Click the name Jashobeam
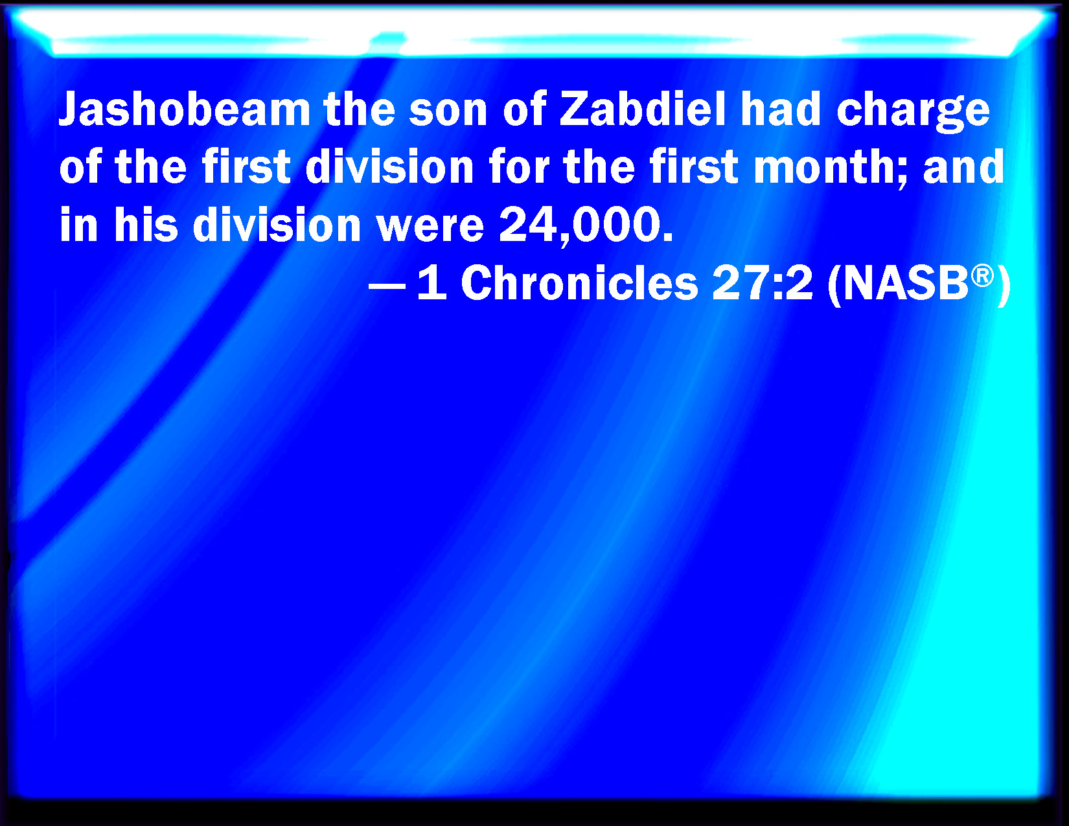(185, 109)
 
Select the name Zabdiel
(643, 109)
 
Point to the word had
(781, 109)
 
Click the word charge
(913, 112)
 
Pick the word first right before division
(246, 166)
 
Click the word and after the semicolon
(963, 166)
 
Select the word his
(146, 224)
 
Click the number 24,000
(586, 225)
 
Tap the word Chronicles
(579, 282)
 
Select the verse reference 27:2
(762, 283)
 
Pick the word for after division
(519, 166)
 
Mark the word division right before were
(277, 224)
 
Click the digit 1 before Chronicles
(432, 283)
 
